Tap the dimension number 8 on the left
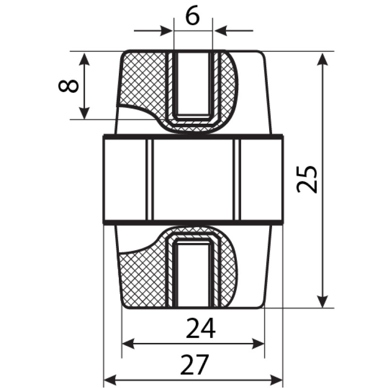pos(68,85)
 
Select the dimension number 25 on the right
pos(307,178)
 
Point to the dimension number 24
pos(201,328)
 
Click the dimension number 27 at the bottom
pos(195,365)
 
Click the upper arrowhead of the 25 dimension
pos(323,59)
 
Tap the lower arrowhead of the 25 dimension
pos(323,301)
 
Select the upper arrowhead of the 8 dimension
pos(84,59)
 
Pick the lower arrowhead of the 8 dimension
pos(84,113)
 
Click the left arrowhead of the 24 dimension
pos(129,344)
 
